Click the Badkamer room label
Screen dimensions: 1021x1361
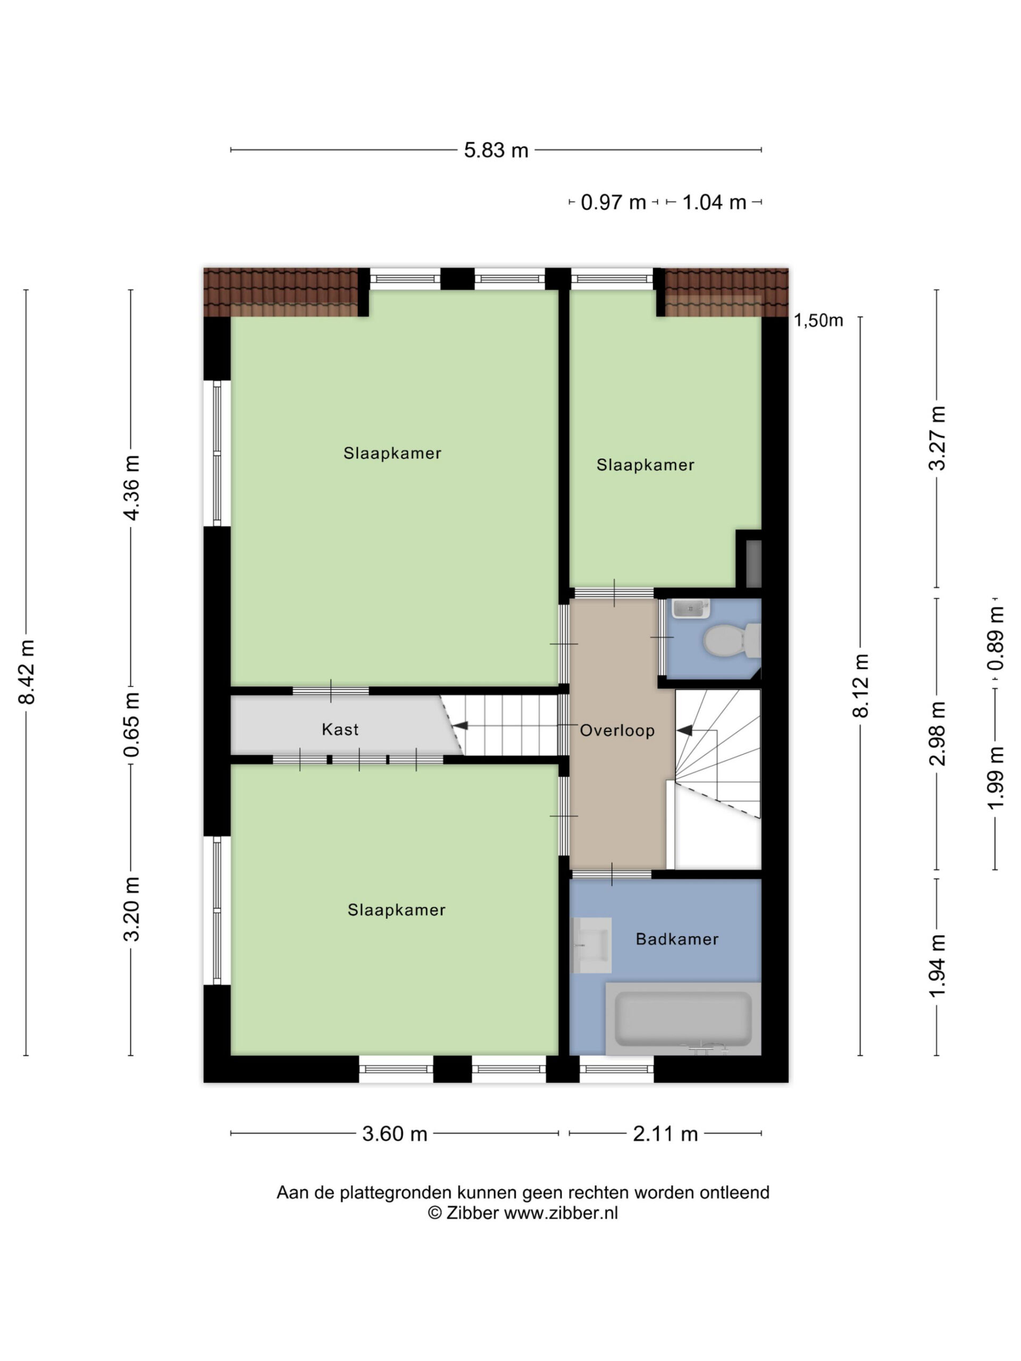[676, 939]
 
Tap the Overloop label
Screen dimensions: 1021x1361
[617, 730]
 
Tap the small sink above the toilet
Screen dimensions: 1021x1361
[691, 609]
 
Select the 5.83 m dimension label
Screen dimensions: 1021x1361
[496, 150]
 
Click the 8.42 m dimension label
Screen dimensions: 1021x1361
[27, 672]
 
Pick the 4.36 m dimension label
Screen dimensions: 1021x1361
[132, 488]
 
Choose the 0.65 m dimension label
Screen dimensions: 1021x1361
[132, 724]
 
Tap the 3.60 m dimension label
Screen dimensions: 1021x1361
[395, 1134]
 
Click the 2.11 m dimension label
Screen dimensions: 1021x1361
[665, 1134]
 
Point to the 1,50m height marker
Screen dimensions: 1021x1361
[818, 321]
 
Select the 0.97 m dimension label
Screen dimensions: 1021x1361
[614, 203]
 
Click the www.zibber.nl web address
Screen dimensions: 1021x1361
[560, 1213]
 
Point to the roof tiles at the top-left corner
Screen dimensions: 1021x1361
[281, 292]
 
